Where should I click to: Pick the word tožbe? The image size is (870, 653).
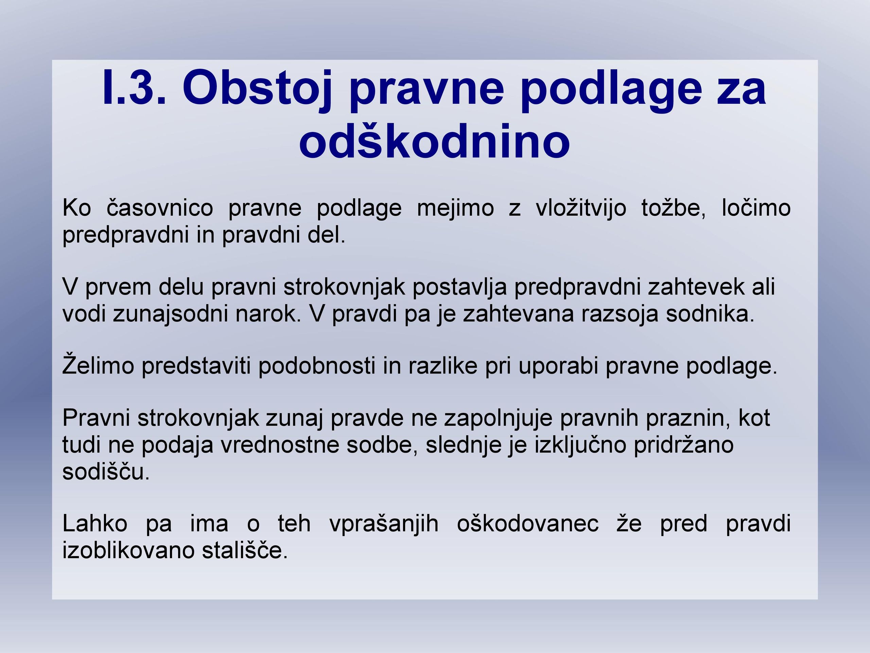pos(674,208)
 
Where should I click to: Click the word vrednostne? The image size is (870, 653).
pos(280,445)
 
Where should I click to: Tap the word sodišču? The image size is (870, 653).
pos(106,471)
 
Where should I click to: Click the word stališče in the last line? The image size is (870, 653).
pos(245,550)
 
